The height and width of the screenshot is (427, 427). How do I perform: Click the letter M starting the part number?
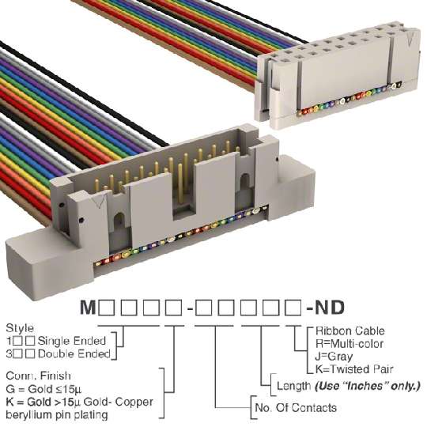88,308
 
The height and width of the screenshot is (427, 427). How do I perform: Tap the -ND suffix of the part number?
326,308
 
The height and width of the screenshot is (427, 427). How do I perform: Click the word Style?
20,328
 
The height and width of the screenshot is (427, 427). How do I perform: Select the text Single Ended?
72,341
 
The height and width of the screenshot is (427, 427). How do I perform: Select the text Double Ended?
74,354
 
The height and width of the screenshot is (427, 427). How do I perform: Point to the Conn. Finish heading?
39,376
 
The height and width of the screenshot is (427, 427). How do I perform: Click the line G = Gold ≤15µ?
43,389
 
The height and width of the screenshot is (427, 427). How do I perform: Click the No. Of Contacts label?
296,408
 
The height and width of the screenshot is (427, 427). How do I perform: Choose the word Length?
294,386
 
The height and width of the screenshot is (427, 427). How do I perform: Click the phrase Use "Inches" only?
368,386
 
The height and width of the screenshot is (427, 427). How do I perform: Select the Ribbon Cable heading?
350,331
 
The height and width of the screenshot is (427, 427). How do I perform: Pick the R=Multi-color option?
350,344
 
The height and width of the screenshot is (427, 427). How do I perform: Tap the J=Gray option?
334,357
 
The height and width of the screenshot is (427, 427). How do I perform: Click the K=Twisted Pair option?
354,369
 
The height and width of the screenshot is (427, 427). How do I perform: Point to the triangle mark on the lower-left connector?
99,202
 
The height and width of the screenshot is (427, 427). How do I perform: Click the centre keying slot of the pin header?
183,191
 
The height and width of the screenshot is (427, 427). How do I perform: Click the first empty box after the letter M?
107,308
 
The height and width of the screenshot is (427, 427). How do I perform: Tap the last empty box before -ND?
293,308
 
